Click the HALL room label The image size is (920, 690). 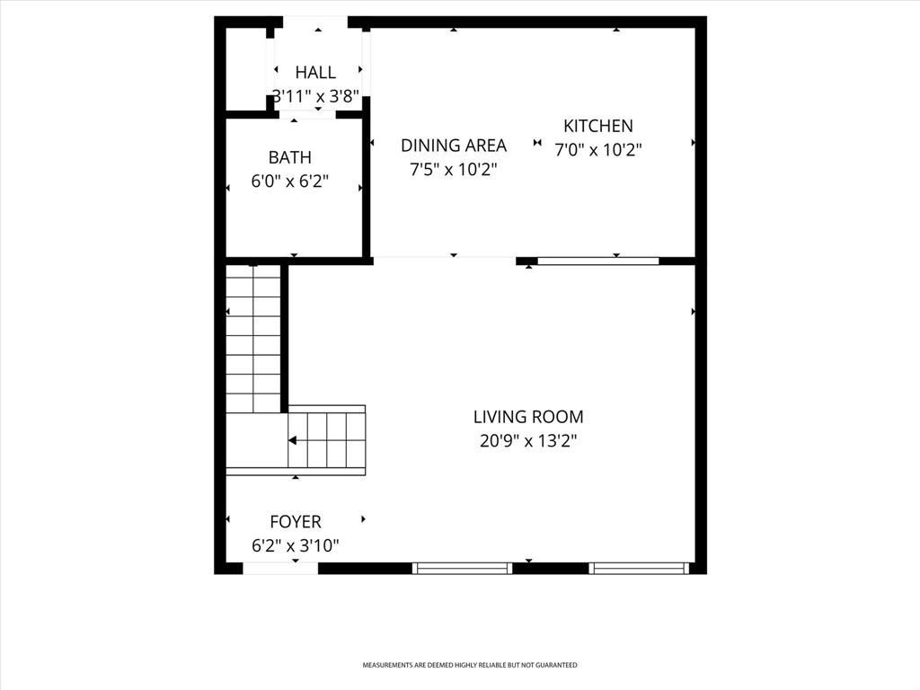pyautogui.click(x=315, y=73)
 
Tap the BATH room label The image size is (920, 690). pyautogui.click(x=289, y=158)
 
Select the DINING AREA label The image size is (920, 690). pyautogui.click(x=453, y=146)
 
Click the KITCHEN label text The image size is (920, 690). pyautogui.click(x=597, y=127)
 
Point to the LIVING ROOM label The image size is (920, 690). pyautogui.click(x=528, y=417)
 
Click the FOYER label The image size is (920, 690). pyautogui.click(x=295, y=521)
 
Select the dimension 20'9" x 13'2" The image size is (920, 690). pyautogui.click(x=528, y=441)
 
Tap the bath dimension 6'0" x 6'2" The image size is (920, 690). pyautogui.click(x=289, y=181)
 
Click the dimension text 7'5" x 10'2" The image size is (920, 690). pyautogui.click(x=453, y=169)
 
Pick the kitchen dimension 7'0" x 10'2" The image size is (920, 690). pyautogui.click(x=597, y=150)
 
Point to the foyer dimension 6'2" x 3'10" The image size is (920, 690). pyautogui.click(x=295, y=544)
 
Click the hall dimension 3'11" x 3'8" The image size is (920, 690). pyautogui.click(x=315, y=96)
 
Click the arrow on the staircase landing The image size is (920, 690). pyautogui.click(x=294, y=440)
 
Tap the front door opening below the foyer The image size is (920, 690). pyautogui.click(x=280, y=568)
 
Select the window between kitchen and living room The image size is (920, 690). pyautogui.click(x=597, y=261)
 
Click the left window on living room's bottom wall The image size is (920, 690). pyautogui.click(x=462, y=568)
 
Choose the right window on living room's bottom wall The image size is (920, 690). pyautogui.click(x=639, y=568)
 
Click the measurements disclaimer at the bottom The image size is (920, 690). pyautogui.click(x=469, y=665)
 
